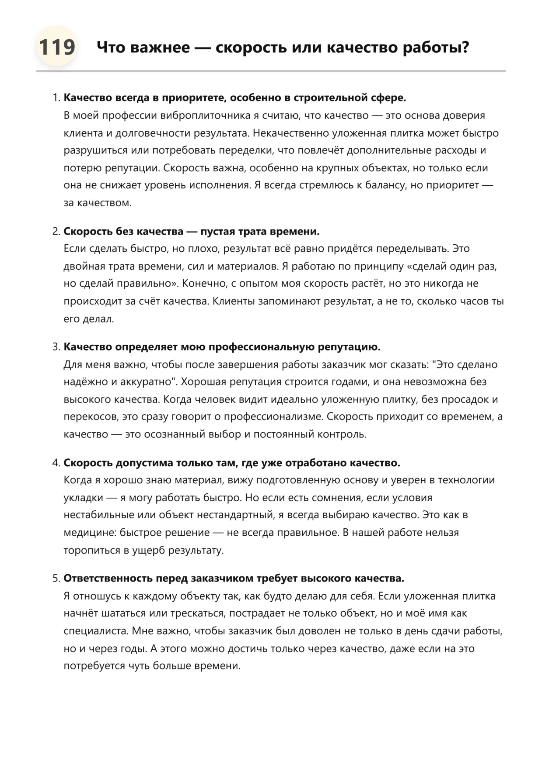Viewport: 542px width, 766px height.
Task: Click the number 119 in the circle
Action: (x=56, y=47)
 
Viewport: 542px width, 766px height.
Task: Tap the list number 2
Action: (x=56, y=231)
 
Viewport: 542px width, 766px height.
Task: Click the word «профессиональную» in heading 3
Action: (x=261, y=347)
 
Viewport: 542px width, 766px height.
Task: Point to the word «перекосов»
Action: (x=91, y=416)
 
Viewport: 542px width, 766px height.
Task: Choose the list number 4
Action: (x=56, y=463)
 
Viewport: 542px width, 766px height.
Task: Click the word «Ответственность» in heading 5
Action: (x=104, y=579)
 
